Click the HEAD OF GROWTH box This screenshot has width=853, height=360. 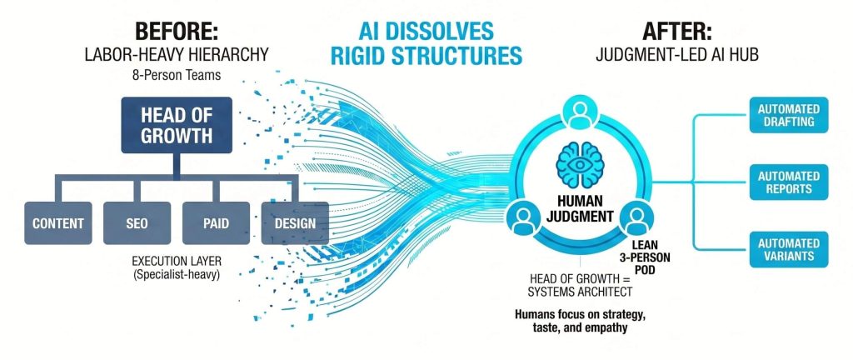[177, 125]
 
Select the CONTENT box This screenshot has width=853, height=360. [58, 223]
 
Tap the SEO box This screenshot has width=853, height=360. [137, 223]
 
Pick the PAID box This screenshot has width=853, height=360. [216, 223]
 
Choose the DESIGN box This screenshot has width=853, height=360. [295, 223]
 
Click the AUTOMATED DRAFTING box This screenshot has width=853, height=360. [789, 115]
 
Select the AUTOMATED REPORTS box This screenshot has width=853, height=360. [789, 182]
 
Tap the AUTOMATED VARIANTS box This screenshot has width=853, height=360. [789, 250]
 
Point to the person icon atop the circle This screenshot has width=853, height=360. [580, 113]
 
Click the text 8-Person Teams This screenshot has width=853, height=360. [177, 75]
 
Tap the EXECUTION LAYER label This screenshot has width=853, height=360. [177, 261]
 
